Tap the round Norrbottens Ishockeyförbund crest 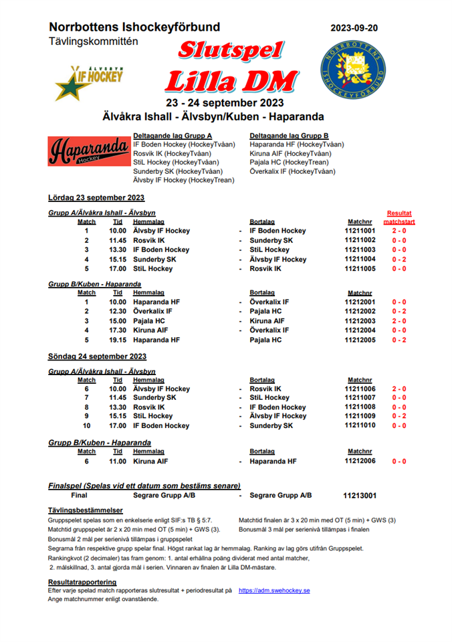352,70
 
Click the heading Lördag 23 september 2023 96,197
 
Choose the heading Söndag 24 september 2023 98,356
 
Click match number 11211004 361,259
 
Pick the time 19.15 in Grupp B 117,340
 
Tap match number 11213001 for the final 360,496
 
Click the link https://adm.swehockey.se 274,591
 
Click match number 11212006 361,461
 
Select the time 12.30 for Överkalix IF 117,312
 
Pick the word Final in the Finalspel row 80,496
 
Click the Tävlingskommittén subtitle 93,41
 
